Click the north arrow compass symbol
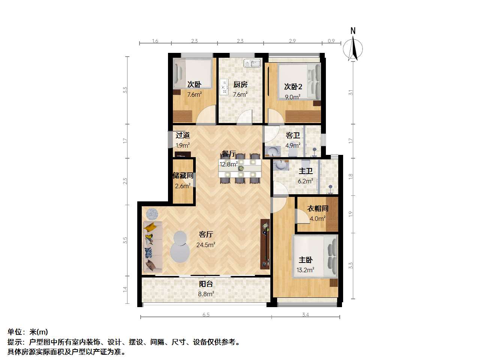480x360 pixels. pyautogui.click(x=352, y=48)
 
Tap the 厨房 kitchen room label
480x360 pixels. pyautogui.click(x=240, y=84)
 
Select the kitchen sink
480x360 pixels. pyautogui.click(x=252, y=63)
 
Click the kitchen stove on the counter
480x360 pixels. pyautogui.click(x=224, y=87)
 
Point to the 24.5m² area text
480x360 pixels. pyautogui.click(x=205, y=245)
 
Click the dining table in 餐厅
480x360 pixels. pyautogui.click(x=240, y=168)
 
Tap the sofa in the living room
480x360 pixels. pyautogui.click(x=153, y=246)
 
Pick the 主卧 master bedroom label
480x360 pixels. pyautogui.click(x=306, y=260)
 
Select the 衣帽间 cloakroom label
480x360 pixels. pyautogui.click(x=318, y=208)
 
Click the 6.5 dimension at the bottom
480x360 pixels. pyautogui.click(x=206, y=315)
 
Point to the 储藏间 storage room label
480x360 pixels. pyautogui.click(x=183, y=175)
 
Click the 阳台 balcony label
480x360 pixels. pyautogui.click(x=206, y=284)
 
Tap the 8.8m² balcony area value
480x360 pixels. pyautogui.click(x=206, y=294)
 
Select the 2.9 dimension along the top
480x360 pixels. pyautogui.click(x=292, y=41)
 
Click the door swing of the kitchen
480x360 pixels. pyautogui.click(x=244, y=117)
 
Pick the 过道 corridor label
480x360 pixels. pyautogui.click(x=183, y=135)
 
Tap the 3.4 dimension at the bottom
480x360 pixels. pyautogui.click(x=305, y=315)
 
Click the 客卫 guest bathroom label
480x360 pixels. pyautogui.click(x=292, y=135)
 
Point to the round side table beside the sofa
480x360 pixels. pyautogui.click(x=152, y=214)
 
